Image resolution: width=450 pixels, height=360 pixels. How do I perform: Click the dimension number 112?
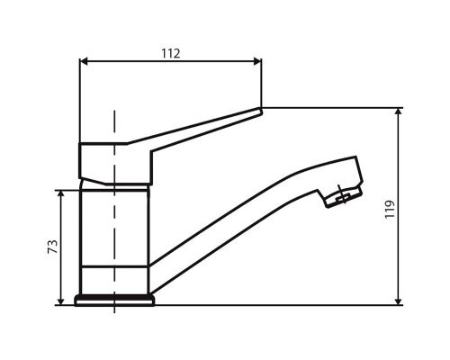pyautogui.click(x=171, y=53)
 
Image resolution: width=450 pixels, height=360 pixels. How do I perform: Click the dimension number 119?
pyautogui.click(x=390, y=210)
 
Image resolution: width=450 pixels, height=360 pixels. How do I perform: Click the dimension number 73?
pyautogui.click(x=52, y=247)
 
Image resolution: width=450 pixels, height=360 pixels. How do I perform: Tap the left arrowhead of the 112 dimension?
pyautogui.click(x=84, y=61)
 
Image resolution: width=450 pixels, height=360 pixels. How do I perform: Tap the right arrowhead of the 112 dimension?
pyautogui.click(x=257, y=61)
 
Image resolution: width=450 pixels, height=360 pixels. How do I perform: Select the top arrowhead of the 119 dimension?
pyautogui.click(x=399, y=112)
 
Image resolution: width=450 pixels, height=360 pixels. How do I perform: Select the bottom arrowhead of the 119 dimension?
pyautogui.click(x=399, y=301)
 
